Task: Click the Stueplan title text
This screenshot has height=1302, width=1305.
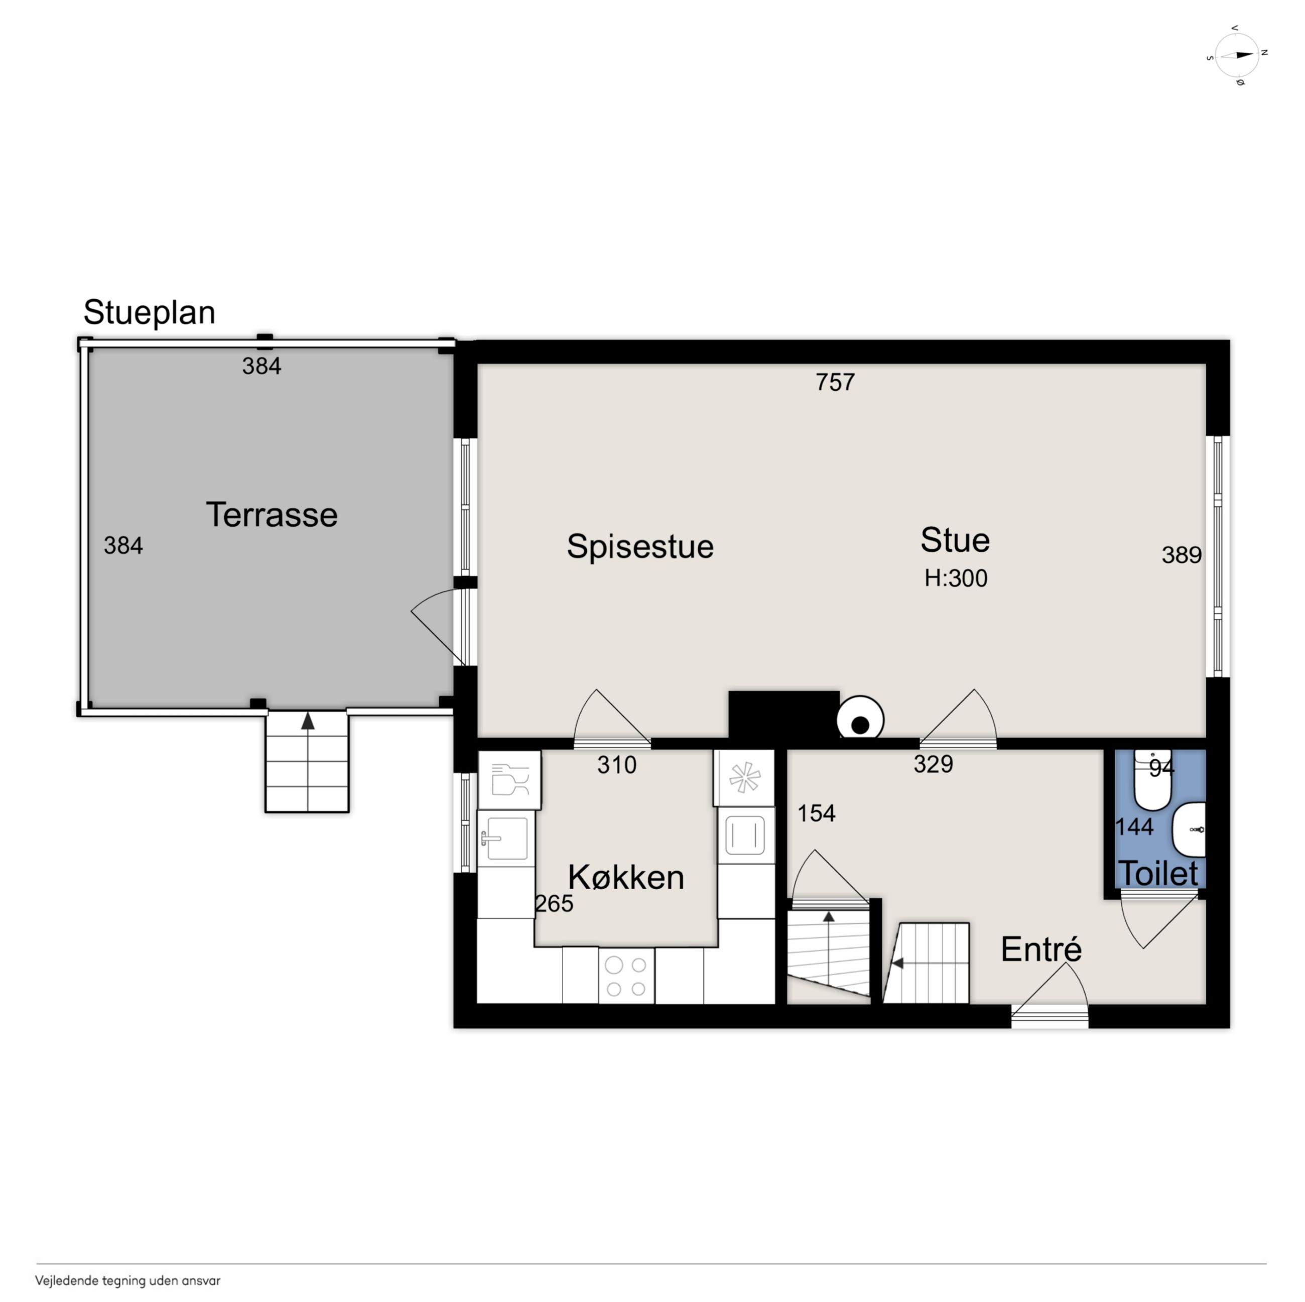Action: click(149, 313)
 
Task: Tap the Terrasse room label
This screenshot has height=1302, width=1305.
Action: click(272, 515)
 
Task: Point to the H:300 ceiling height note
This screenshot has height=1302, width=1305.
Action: click(956, 578)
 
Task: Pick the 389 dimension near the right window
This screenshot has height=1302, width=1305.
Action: click(1182, 555)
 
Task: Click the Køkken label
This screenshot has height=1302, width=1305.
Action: click(626, 878)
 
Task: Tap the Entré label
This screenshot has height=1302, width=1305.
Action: click(1041, 950)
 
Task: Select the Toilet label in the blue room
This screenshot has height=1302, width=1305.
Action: click(1158, 874)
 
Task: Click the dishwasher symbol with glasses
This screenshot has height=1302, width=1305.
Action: click(509, 780)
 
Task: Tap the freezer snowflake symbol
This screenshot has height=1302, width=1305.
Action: click(744, 778)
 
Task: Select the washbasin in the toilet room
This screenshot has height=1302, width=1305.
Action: click(1189, 829)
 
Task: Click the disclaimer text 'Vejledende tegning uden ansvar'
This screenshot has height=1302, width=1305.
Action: click(127, 1280)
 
